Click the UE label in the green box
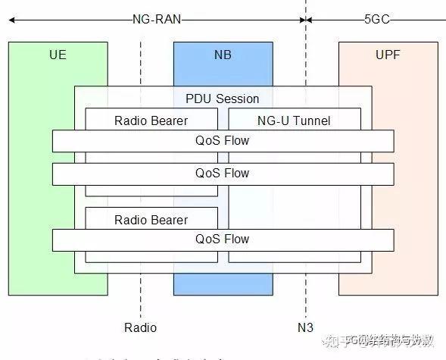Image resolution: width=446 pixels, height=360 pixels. [58, 55]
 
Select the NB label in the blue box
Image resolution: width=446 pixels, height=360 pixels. [223, 55]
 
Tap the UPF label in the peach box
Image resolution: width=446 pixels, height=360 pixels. [388, 55]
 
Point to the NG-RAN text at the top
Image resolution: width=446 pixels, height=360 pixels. [157, 20]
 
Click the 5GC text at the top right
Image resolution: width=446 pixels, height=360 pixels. [376, 20]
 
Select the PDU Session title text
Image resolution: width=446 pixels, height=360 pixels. [223, 99]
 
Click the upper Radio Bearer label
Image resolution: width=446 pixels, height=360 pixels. [151, 121]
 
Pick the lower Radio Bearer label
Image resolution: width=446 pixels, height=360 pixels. [151, 220]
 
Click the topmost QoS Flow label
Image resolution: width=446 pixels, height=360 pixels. [223, 140]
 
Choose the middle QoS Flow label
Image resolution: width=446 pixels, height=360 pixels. [223, 174]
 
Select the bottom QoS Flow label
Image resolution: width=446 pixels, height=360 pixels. [223, 239]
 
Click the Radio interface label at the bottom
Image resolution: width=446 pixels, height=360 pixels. [140, 327]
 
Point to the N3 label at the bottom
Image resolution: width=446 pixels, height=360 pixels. [306, 327]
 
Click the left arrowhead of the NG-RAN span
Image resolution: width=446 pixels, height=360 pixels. [11, 20]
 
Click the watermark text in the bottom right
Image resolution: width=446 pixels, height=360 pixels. [382, 340]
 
